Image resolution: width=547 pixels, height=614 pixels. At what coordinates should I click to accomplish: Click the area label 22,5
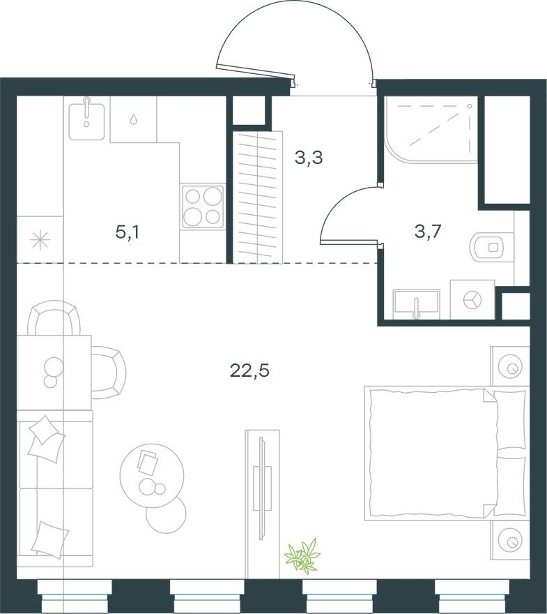[249, 370]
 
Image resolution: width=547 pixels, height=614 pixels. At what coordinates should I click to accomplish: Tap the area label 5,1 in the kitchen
[128, 232]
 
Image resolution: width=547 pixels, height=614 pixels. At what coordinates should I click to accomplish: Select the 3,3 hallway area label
[308, 158]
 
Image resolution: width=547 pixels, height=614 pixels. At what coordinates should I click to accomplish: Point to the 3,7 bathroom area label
[427, 232]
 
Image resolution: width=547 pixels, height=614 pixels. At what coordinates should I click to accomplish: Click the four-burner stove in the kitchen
[203, 206]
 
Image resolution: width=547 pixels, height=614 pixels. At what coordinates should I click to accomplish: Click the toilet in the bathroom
[491, 246]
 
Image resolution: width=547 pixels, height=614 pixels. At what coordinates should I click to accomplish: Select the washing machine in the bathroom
[472, 299]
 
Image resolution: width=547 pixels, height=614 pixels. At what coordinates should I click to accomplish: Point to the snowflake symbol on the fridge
[40, 239]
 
